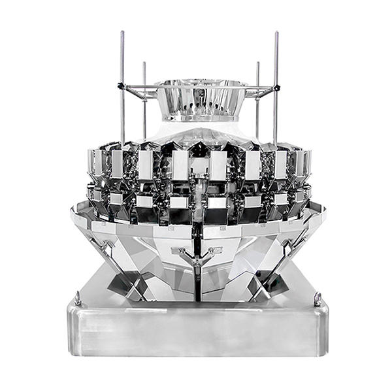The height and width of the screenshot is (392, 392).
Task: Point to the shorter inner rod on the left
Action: pyautogui.click(x=144, y=98)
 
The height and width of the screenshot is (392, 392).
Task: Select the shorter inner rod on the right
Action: pyautogui.click(x=257, y=98)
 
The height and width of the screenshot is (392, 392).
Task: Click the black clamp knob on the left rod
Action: pyautogui.click(x=120, y=86)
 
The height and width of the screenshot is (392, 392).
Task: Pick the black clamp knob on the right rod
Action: pyautogui.click(x=277, y=87)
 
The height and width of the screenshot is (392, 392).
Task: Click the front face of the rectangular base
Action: pyautogui.click(x=196, y=333)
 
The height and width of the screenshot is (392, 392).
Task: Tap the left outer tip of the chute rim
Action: pyautogui.click(x=73, y=210)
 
